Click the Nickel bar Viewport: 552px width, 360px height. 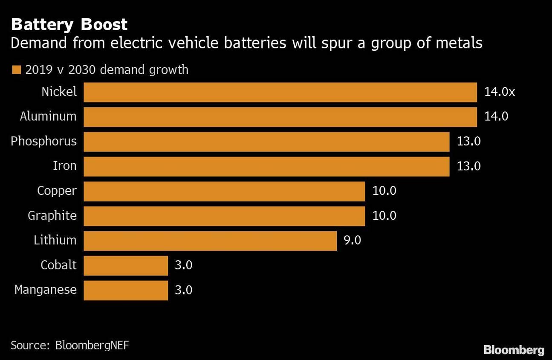tap(280, 92)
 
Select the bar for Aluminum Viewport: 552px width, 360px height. tap(280, 117)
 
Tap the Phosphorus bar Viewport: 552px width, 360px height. tap(266, 142)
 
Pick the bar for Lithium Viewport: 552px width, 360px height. tap(210, 241)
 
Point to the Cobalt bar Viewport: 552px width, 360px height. tap(126, 265)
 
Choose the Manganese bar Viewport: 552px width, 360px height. tap(126, 290)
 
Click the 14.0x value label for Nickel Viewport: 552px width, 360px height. tap(499, 92)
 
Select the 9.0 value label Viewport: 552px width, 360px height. tap(352, 240)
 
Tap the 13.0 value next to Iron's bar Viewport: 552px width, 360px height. tap(468, 166)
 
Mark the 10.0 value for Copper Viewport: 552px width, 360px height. tap(384, 191)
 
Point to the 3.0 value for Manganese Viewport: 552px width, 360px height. tap(183, 290)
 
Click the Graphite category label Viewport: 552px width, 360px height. tap(52, 216)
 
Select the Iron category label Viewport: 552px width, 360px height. tap(64, 166)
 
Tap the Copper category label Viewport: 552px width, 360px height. tap(57, 191)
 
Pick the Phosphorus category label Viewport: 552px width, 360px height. tap(43, 141)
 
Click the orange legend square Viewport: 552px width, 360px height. tap(17, 70)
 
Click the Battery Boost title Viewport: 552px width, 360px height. tap(69, 25)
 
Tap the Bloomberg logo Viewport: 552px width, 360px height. tap(514, 350)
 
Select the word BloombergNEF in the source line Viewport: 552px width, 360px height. tap(92, 345)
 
